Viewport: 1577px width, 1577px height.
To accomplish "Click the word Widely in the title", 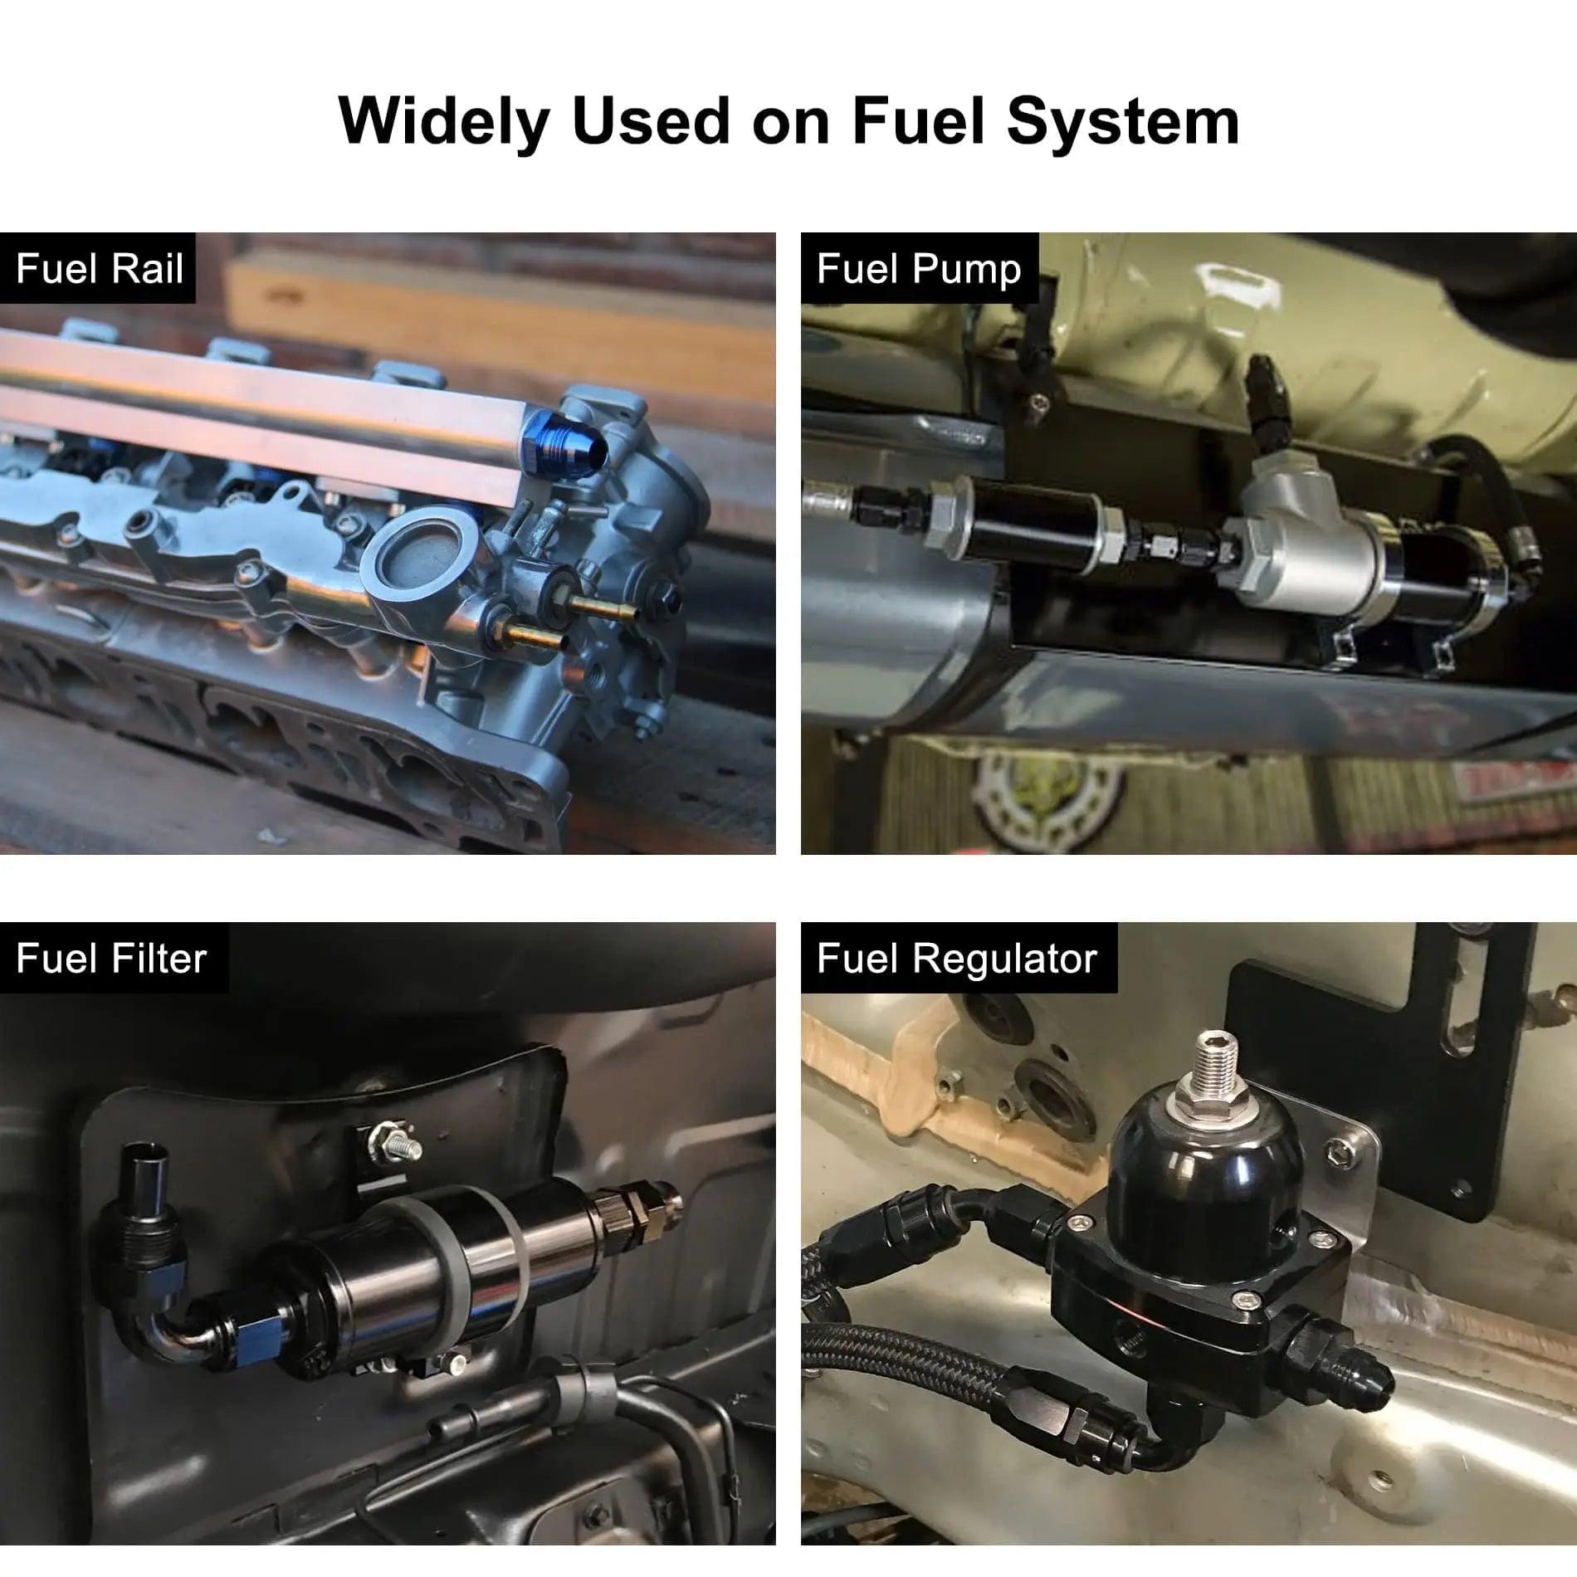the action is click(444, 122).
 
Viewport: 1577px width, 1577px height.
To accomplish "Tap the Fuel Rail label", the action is click(99, 269).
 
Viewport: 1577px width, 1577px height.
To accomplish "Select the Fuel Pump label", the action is click(919, 269).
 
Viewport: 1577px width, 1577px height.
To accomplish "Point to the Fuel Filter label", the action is click(112, 959).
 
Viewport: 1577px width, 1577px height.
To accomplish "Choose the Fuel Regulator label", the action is click(957, 959).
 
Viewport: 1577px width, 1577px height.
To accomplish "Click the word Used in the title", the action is click(651, 122).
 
